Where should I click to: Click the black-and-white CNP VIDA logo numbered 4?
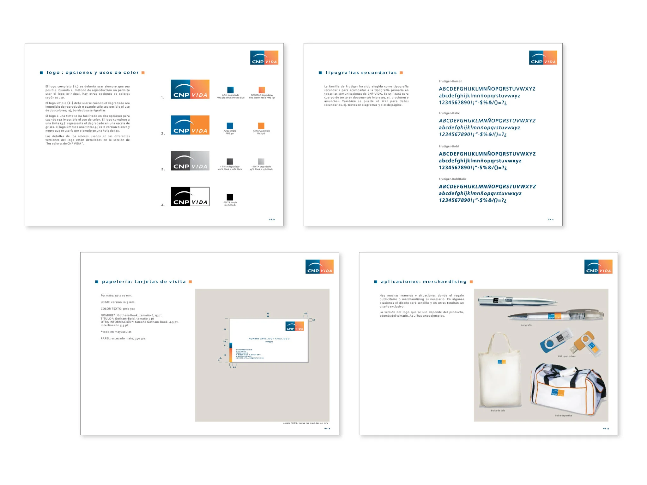coord(190,196)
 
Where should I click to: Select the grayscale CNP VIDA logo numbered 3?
coord(190,161)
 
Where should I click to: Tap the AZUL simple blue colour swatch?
coord(230,125)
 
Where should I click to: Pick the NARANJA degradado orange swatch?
coord(262,90)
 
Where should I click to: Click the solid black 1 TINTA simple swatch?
coord(230,197)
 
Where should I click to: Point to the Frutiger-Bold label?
coord(449,146)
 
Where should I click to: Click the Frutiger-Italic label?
coord(449,113)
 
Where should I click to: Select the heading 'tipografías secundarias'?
coord(361,73)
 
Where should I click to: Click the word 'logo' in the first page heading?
coord(53,73)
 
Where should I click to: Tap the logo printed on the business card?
coord(294,326)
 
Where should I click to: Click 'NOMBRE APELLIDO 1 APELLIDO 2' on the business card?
coord(269,338)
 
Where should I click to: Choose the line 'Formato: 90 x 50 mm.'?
coord(116,296)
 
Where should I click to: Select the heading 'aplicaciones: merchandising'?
coord(423,282)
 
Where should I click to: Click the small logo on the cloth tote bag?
coord(501,362)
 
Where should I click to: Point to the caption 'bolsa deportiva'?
coord(563,416)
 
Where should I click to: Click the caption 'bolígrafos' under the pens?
coord(526,325)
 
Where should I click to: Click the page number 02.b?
coord(272,219)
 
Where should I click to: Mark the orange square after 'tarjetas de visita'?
coord(190,282)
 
